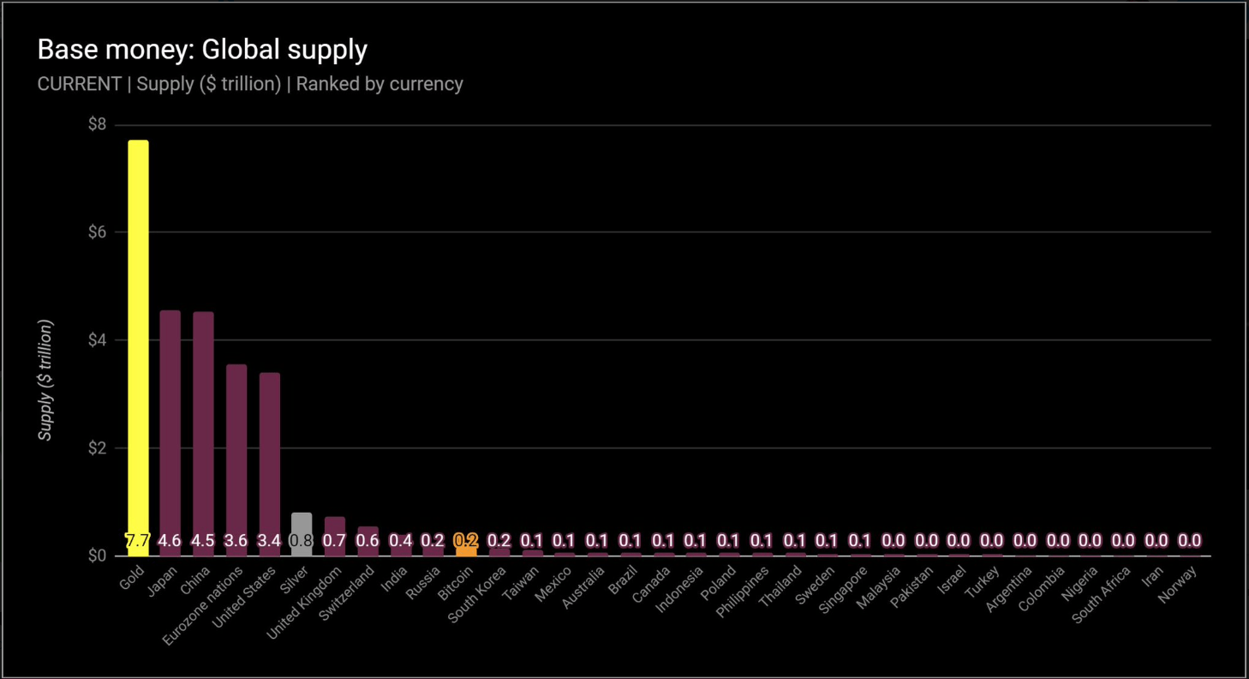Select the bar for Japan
[170, 420]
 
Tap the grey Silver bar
[302, 524]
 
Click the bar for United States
[270, 454]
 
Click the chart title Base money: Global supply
[202, 50]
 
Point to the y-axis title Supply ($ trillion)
[46, 381]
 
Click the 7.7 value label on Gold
[138, 541]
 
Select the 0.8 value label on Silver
[302, 541]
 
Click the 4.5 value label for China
[203, 541]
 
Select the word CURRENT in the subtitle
[79, 84]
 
